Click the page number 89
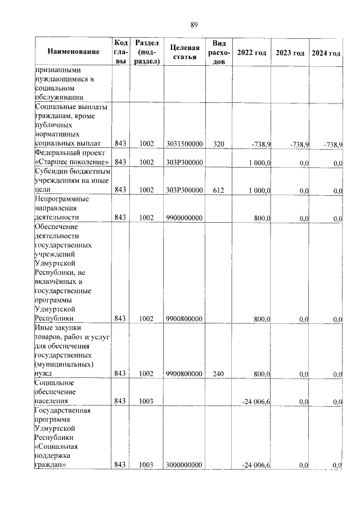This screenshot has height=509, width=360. tap(193, 25)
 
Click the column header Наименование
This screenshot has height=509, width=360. tap(73, 52)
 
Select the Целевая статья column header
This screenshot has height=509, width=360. tap(184, 52)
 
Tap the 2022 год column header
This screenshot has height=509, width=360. tap(251, 52)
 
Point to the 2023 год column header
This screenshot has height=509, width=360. tap(290, 52)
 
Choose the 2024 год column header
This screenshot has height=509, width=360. tap(326, 52)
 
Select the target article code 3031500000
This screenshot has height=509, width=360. tap(184, 145)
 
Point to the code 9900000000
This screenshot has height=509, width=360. tap(184, 218)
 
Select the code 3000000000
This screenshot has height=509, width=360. tap(184, 465)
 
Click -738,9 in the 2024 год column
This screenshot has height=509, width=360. tap(333, 145)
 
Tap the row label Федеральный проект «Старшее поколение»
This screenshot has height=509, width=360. tap(71, 158)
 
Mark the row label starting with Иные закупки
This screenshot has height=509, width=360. tap(74, 350)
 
